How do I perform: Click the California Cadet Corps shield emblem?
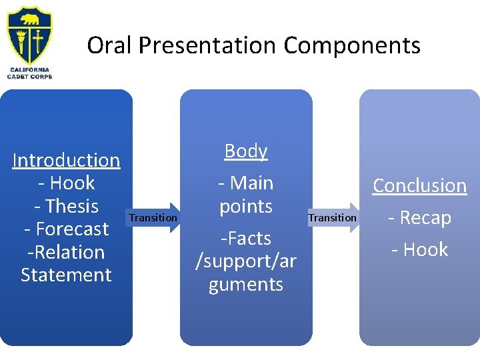pos(29,37)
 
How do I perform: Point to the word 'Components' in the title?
pos(351,45)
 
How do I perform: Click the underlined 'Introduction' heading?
pos(66,160)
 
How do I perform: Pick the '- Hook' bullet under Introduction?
pos(66,183)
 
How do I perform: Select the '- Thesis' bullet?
pos(66,206)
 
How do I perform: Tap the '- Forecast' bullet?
pos(66,229)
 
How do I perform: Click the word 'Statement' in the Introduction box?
pos(66,275)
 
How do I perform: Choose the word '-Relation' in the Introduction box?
pos(66,252)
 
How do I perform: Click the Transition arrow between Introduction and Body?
pos(154,217)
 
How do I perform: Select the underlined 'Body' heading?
pos(245,151)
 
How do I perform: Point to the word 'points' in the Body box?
pos(245,206)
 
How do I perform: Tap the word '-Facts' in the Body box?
pos(245,238)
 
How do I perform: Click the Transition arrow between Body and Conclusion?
pos(333,217)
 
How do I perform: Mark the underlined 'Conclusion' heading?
pos(419,185)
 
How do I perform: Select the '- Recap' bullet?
pos(419,217)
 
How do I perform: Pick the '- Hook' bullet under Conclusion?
pos(419,249)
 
